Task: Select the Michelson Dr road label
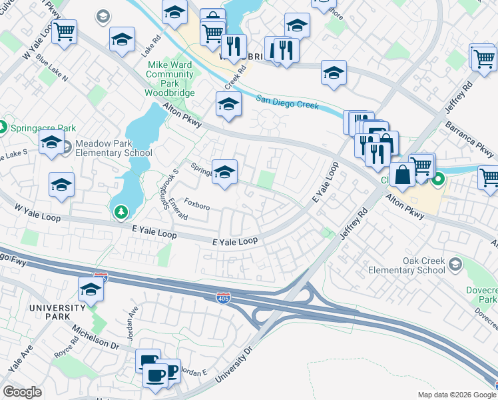click(x=96, y=342)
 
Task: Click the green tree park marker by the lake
click(x=121, y=212)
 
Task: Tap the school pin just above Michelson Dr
click(x=91, y=290)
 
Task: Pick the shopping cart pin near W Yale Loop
click(x=64, y=31)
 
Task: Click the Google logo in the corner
click(x=22, y=392)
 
